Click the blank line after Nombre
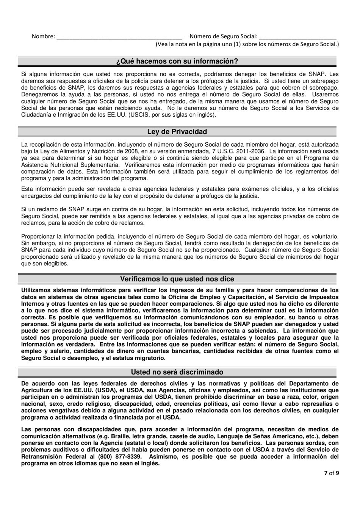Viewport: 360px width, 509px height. tap(119, 37)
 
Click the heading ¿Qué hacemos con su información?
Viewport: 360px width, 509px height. tap(177, 61)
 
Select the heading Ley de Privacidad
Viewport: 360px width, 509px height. tap(177, 132)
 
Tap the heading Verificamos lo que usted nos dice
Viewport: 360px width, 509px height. tap(177, 279)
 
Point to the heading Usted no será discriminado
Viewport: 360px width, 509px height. tap(177, 372)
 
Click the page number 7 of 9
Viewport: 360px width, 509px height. tap(332, 473)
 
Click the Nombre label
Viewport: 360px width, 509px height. tap(43, 37)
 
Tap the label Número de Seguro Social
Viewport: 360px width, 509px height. tap(224, 37)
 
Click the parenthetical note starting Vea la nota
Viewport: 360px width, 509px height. tap(247, 44)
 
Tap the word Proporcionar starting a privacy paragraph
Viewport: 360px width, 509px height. tap(38, 236)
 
